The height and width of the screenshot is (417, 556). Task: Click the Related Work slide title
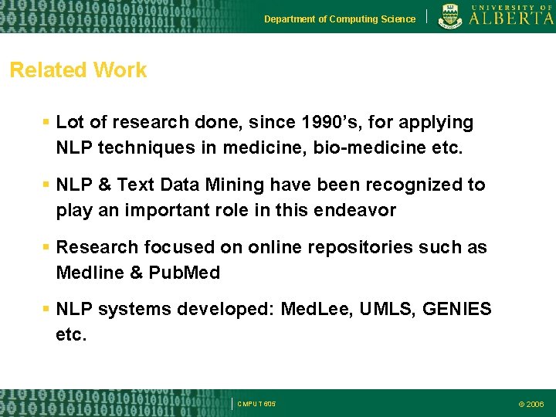(x=78, y=70)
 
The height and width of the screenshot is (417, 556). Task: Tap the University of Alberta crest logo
(x=451, y=16)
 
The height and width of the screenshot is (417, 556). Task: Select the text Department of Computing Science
(x=339, y=19)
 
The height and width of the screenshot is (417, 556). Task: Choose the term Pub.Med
(x=185, y=273)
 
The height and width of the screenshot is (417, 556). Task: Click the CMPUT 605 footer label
(x=256, y=404)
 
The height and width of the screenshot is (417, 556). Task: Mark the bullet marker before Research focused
(x=46, y=248)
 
